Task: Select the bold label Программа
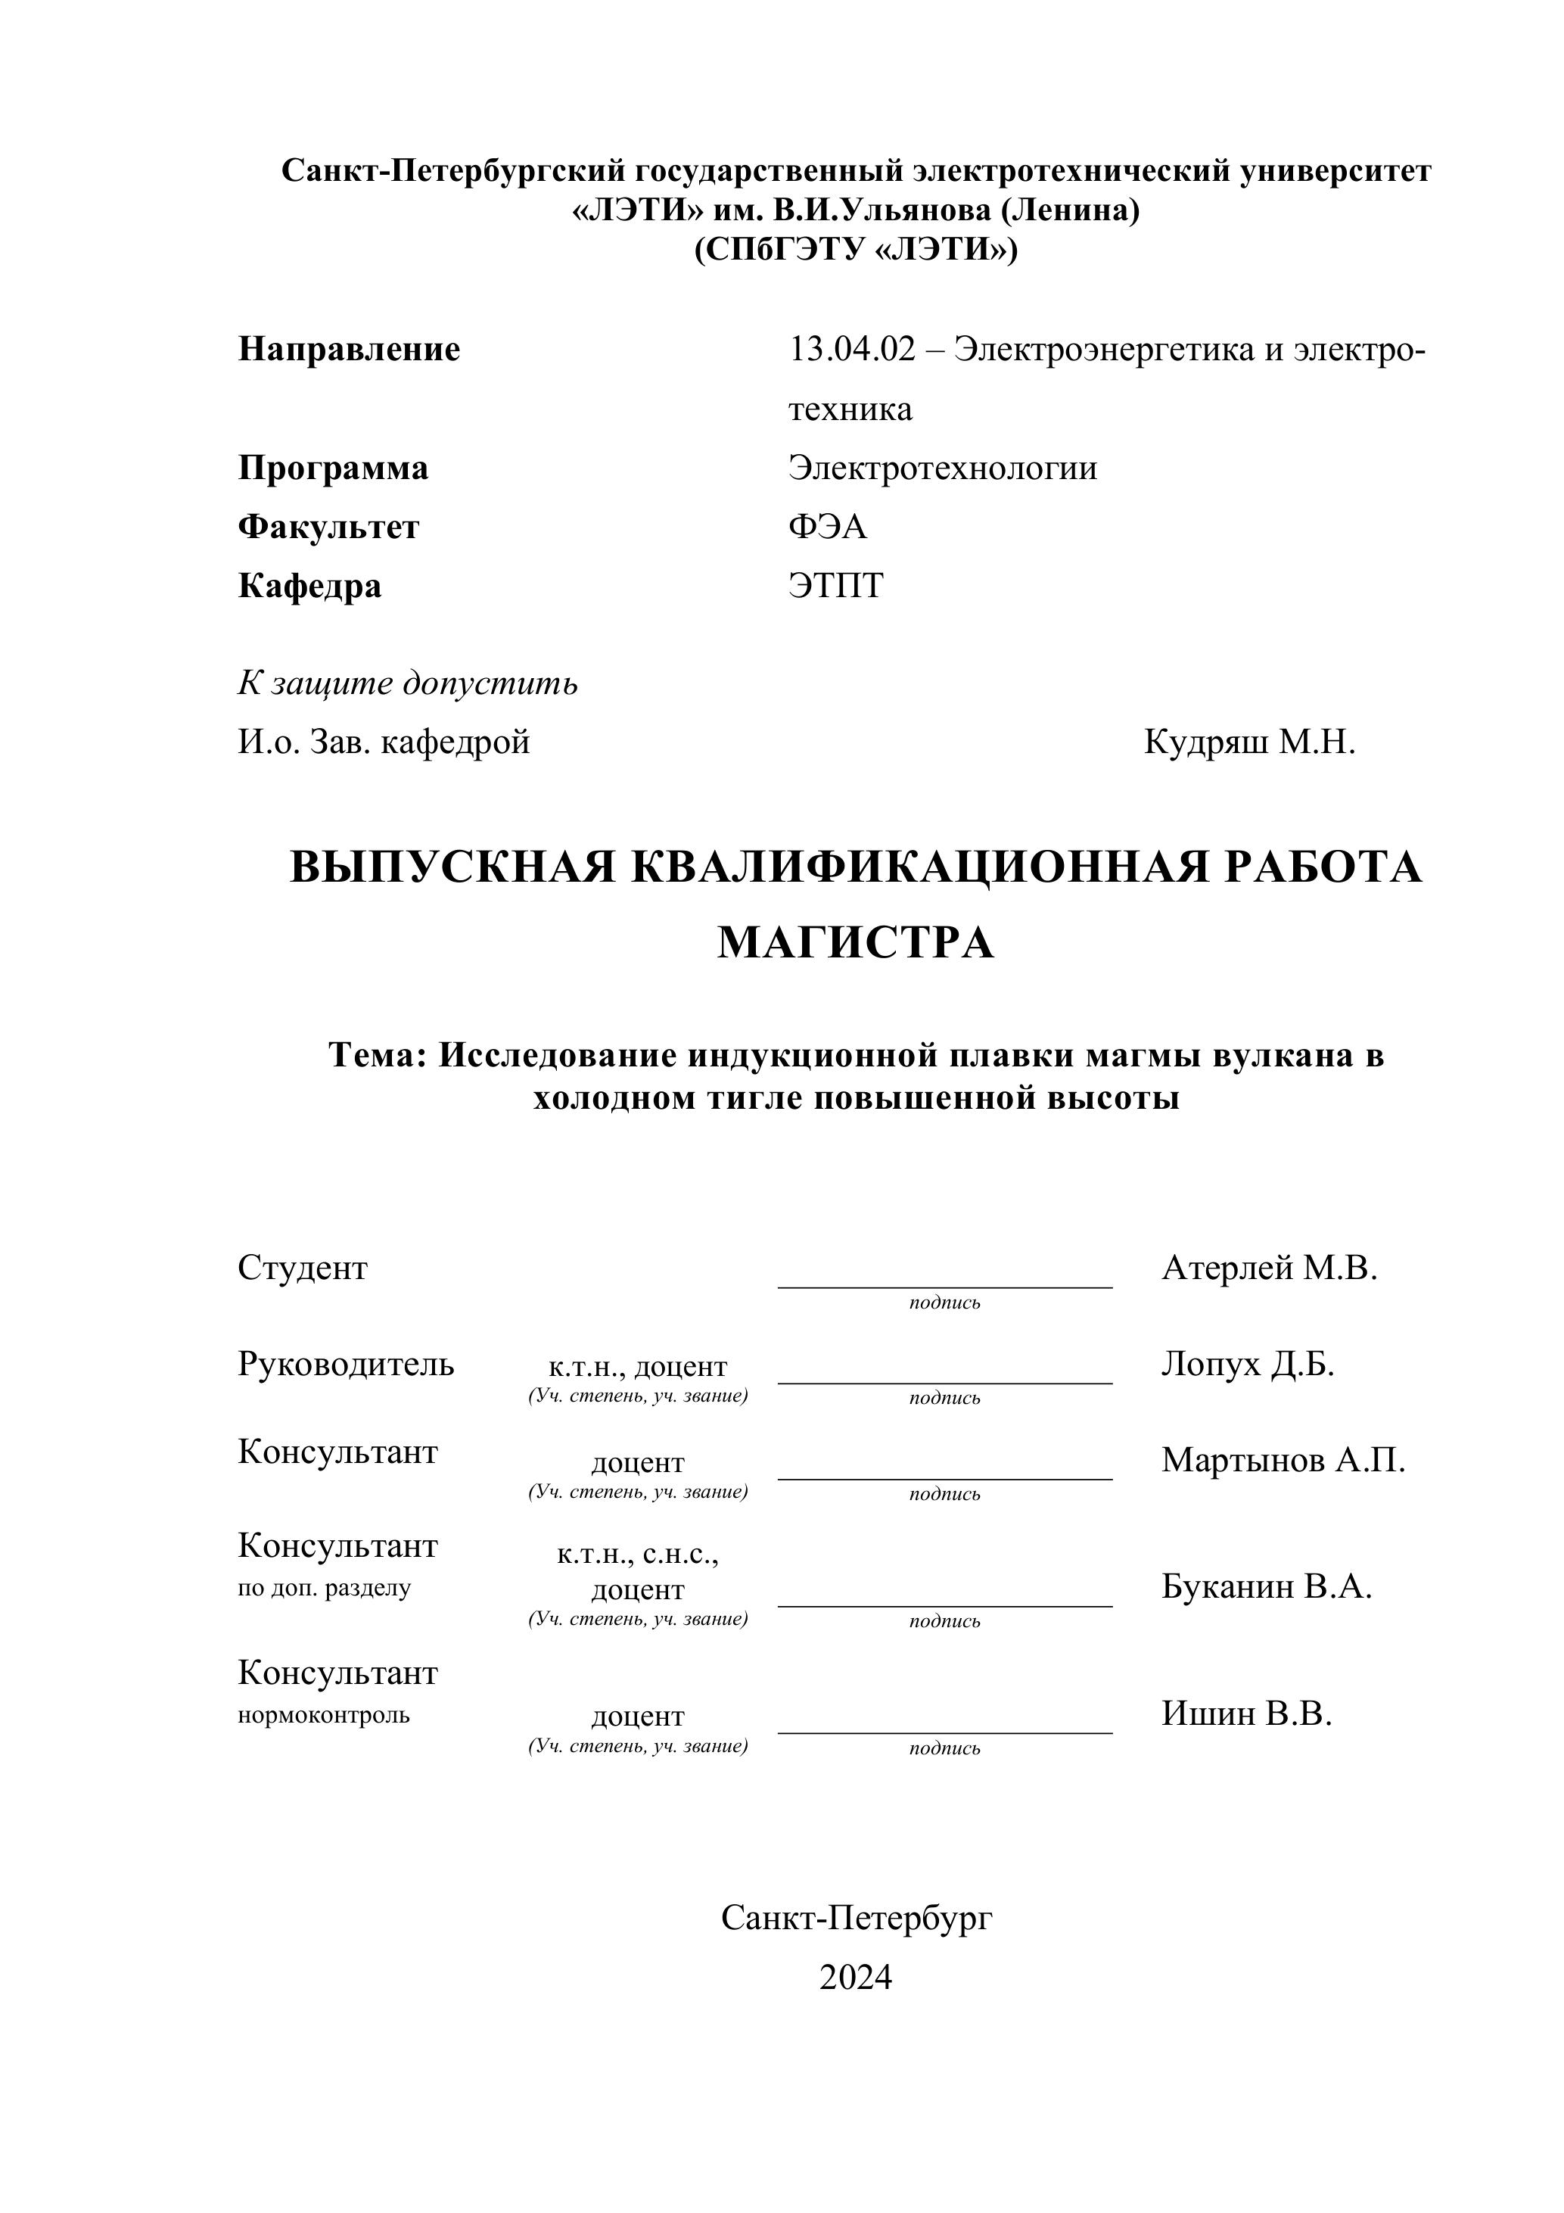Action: point(332,468)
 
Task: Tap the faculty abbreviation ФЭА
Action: point(827,526)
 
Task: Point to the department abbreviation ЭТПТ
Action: point(835,585)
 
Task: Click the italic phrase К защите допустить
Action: point(408,683)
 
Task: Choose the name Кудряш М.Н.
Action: point(1249,742)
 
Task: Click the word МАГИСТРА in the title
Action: point(856,943)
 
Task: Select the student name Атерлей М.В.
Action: point(1269,1268)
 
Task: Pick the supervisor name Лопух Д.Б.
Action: point(1247,1365)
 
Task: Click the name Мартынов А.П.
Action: point(1283,1460)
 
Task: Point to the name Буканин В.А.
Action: point(1266,1586)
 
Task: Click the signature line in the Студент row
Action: point(944,1286)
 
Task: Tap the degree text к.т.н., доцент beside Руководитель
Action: point(638,1367)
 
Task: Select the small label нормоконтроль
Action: point(324,1716)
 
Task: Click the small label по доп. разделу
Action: point(324,1589)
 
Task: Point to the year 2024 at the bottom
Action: point(856,1978)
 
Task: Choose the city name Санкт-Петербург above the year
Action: point(856,1918)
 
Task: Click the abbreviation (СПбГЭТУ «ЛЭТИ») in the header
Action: point(856,250)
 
